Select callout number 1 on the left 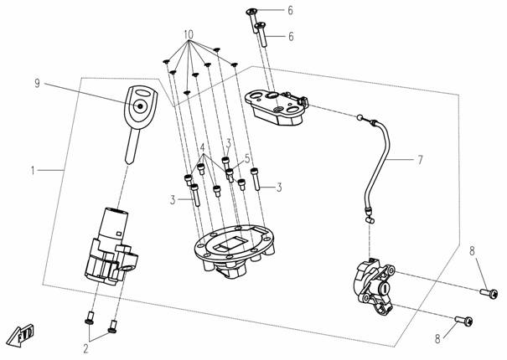point(33,171)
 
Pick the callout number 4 point(202,147)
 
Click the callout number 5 point(247,157)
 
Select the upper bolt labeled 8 point(488,293)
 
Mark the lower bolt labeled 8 point(463,319)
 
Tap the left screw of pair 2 point(90,320)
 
